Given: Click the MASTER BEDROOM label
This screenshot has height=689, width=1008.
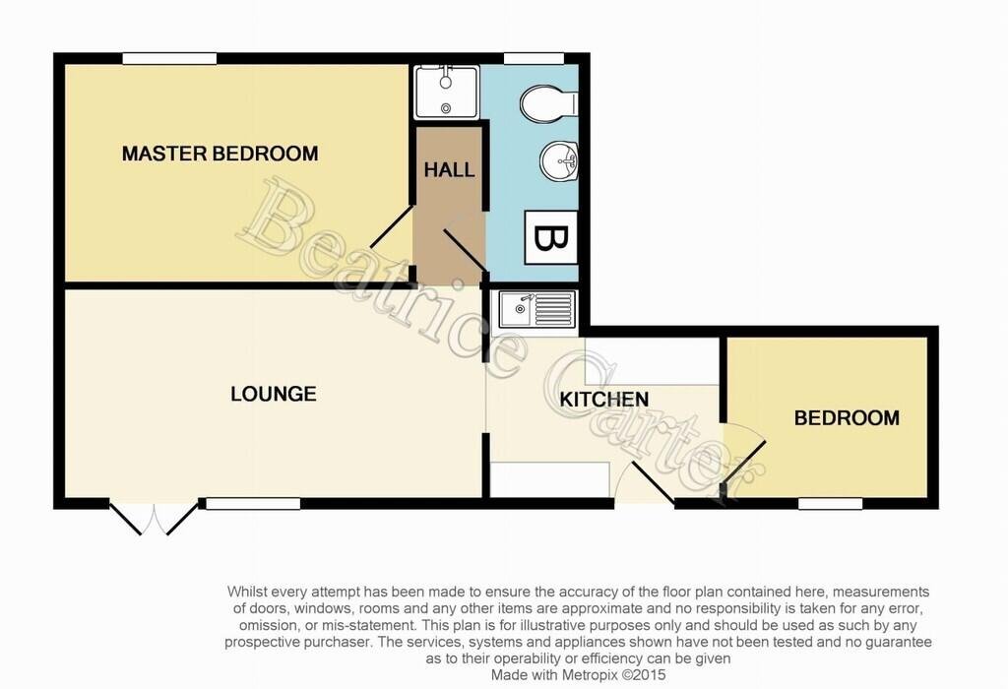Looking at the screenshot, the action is click(220, 154).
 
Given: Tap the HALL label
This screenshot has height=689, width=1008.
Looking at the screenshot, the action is click(449, 170).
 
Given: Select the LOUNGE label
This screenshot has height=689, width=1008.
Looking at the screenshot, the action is click(274, 394).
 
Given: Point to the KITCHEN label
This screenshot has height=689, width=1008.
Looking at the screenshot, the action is click(604, 400).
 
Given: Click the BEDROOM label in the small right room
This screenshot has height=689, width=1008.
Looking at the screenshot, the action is click(847, 417).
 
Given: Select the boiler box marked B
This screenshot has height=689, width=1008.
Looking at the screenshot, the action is click(551, 237).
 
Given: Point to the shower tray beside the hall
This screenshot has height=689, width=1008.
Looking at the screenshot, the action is click(447, 93).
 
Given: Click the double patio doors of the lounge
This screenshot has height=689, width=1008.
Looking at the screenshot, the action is click(155, 518).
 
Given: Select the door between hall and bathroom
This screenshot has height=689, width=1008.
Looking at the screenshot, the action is click(465, 250).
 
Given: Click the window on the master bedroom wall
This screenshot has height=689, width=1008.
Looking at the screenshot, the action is click(169, 58).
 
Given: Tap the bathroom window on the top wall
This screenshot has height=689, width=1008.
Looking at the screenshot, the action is click(534, 58).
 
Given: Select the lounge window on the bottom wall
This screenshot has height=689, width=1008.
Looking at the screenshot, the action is click(253, 504).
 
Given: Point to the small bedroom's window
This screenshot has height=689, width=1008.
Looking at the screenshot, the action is click(830, 504).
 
